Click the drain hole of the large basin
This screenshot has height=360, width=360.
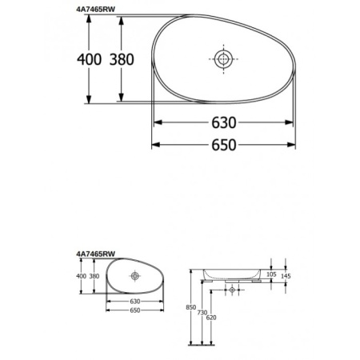click(222, 58)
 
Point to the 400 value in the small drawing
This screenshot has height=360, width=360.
click(81, 276)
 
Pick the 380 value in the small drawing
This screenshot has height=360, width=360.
click(95, 276)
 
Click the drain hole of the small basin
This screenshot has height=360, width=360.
click(134, 275)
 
